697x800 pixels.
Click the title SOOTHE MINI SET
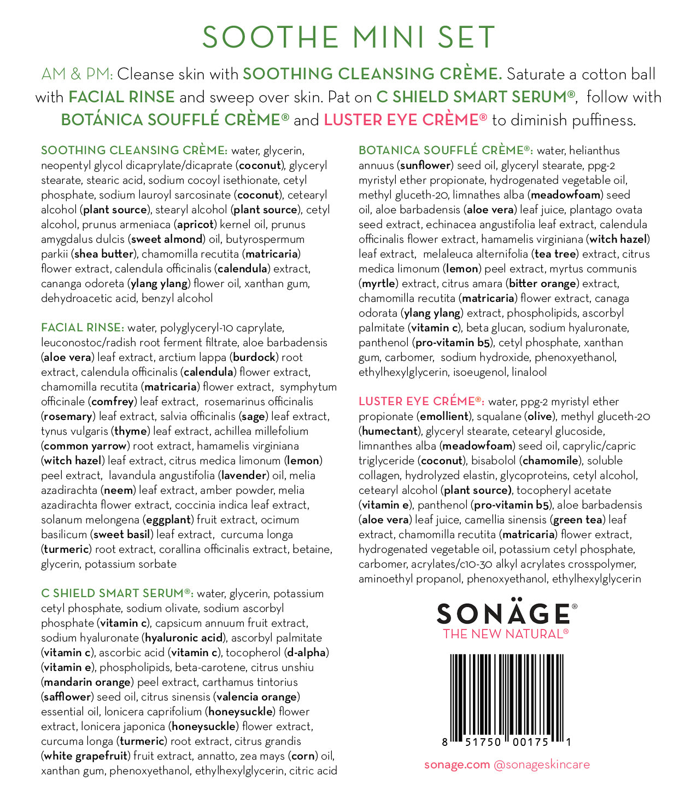pos(348,37)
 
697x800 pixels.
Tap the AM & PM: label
pos(77,74)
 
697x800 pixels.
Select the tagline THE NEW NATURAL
pos(505,634)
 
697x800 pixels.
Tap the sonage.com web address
pos(456,764)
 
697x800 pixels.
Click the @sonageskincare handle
pos(542,764)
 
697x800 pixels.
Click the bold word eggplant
pos(168,519)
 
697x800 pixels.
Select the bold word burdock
pos(255,357)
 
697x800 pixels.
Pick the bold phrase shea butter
pos(104,254)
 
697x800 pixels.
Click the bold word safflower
pos(66,697)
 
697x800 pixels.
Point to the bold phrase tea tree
pos(555,254)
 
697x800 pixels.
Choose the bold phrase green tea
pos(578,519)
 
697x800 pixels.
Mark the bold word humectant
pos(390,431)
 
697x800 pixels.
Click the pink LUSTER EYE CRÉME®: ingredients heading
pos(421,401)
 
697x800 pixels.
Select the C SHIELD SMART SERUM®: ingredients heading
pos(117,593)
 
